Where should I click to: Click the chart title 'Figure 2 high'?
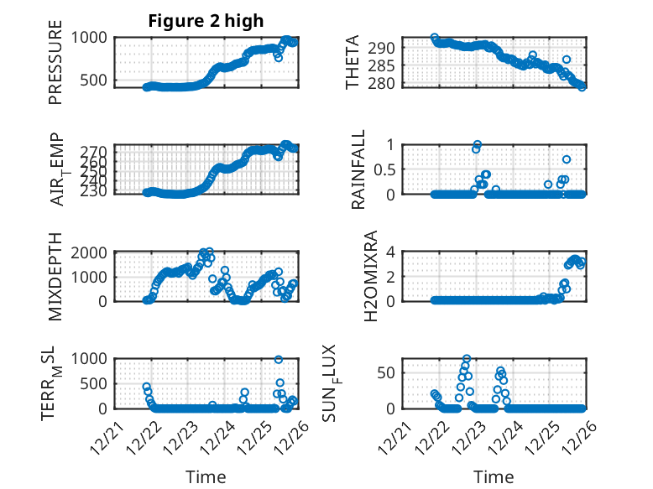tap(206, 21)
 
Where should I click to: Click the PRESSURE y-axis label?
tap(55, 68)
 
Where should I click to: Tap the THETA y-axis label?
tap(353, 63)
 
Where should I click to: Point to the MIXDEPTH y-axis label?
tap(55, 275)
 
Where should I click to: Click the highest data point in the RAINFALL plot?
tap(478, 144)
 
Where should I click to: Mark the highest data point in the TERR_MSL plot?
tap(279, 359)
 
